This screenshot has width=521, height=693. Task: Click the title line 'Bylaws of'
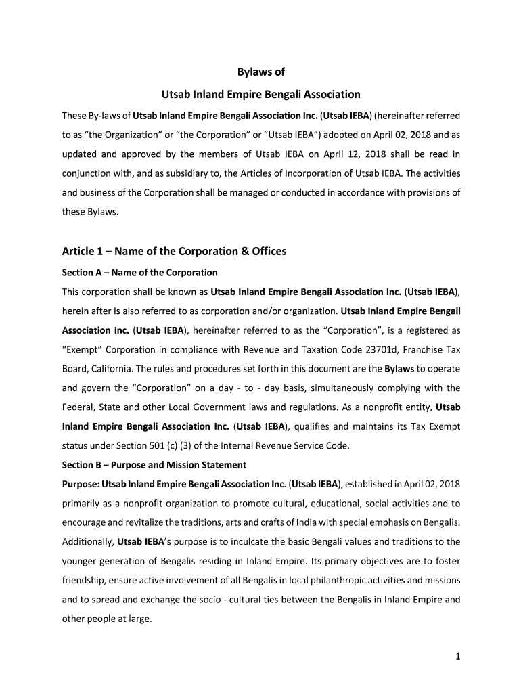[x=260, y=71]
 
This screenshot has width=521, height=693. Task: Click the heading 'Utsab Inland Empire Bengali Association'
[x=260, y=94]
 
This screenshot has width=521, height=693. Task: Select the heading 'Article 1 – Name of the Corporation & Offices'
[x=175, y=251]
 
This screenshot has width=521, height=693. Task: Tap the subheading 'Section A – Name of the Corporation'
[x=140, y=273]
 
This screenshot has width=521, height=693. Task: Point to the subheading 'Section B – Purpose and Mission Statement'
[x=154, y=465]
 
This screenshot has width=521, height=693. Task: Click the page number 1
[x=458, y=656]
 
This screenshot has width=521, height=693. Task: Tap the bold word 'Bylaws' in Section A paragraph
[x=399, y=369]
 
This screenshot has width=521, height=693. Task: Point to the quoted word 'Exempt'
[x=81, y=350]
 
